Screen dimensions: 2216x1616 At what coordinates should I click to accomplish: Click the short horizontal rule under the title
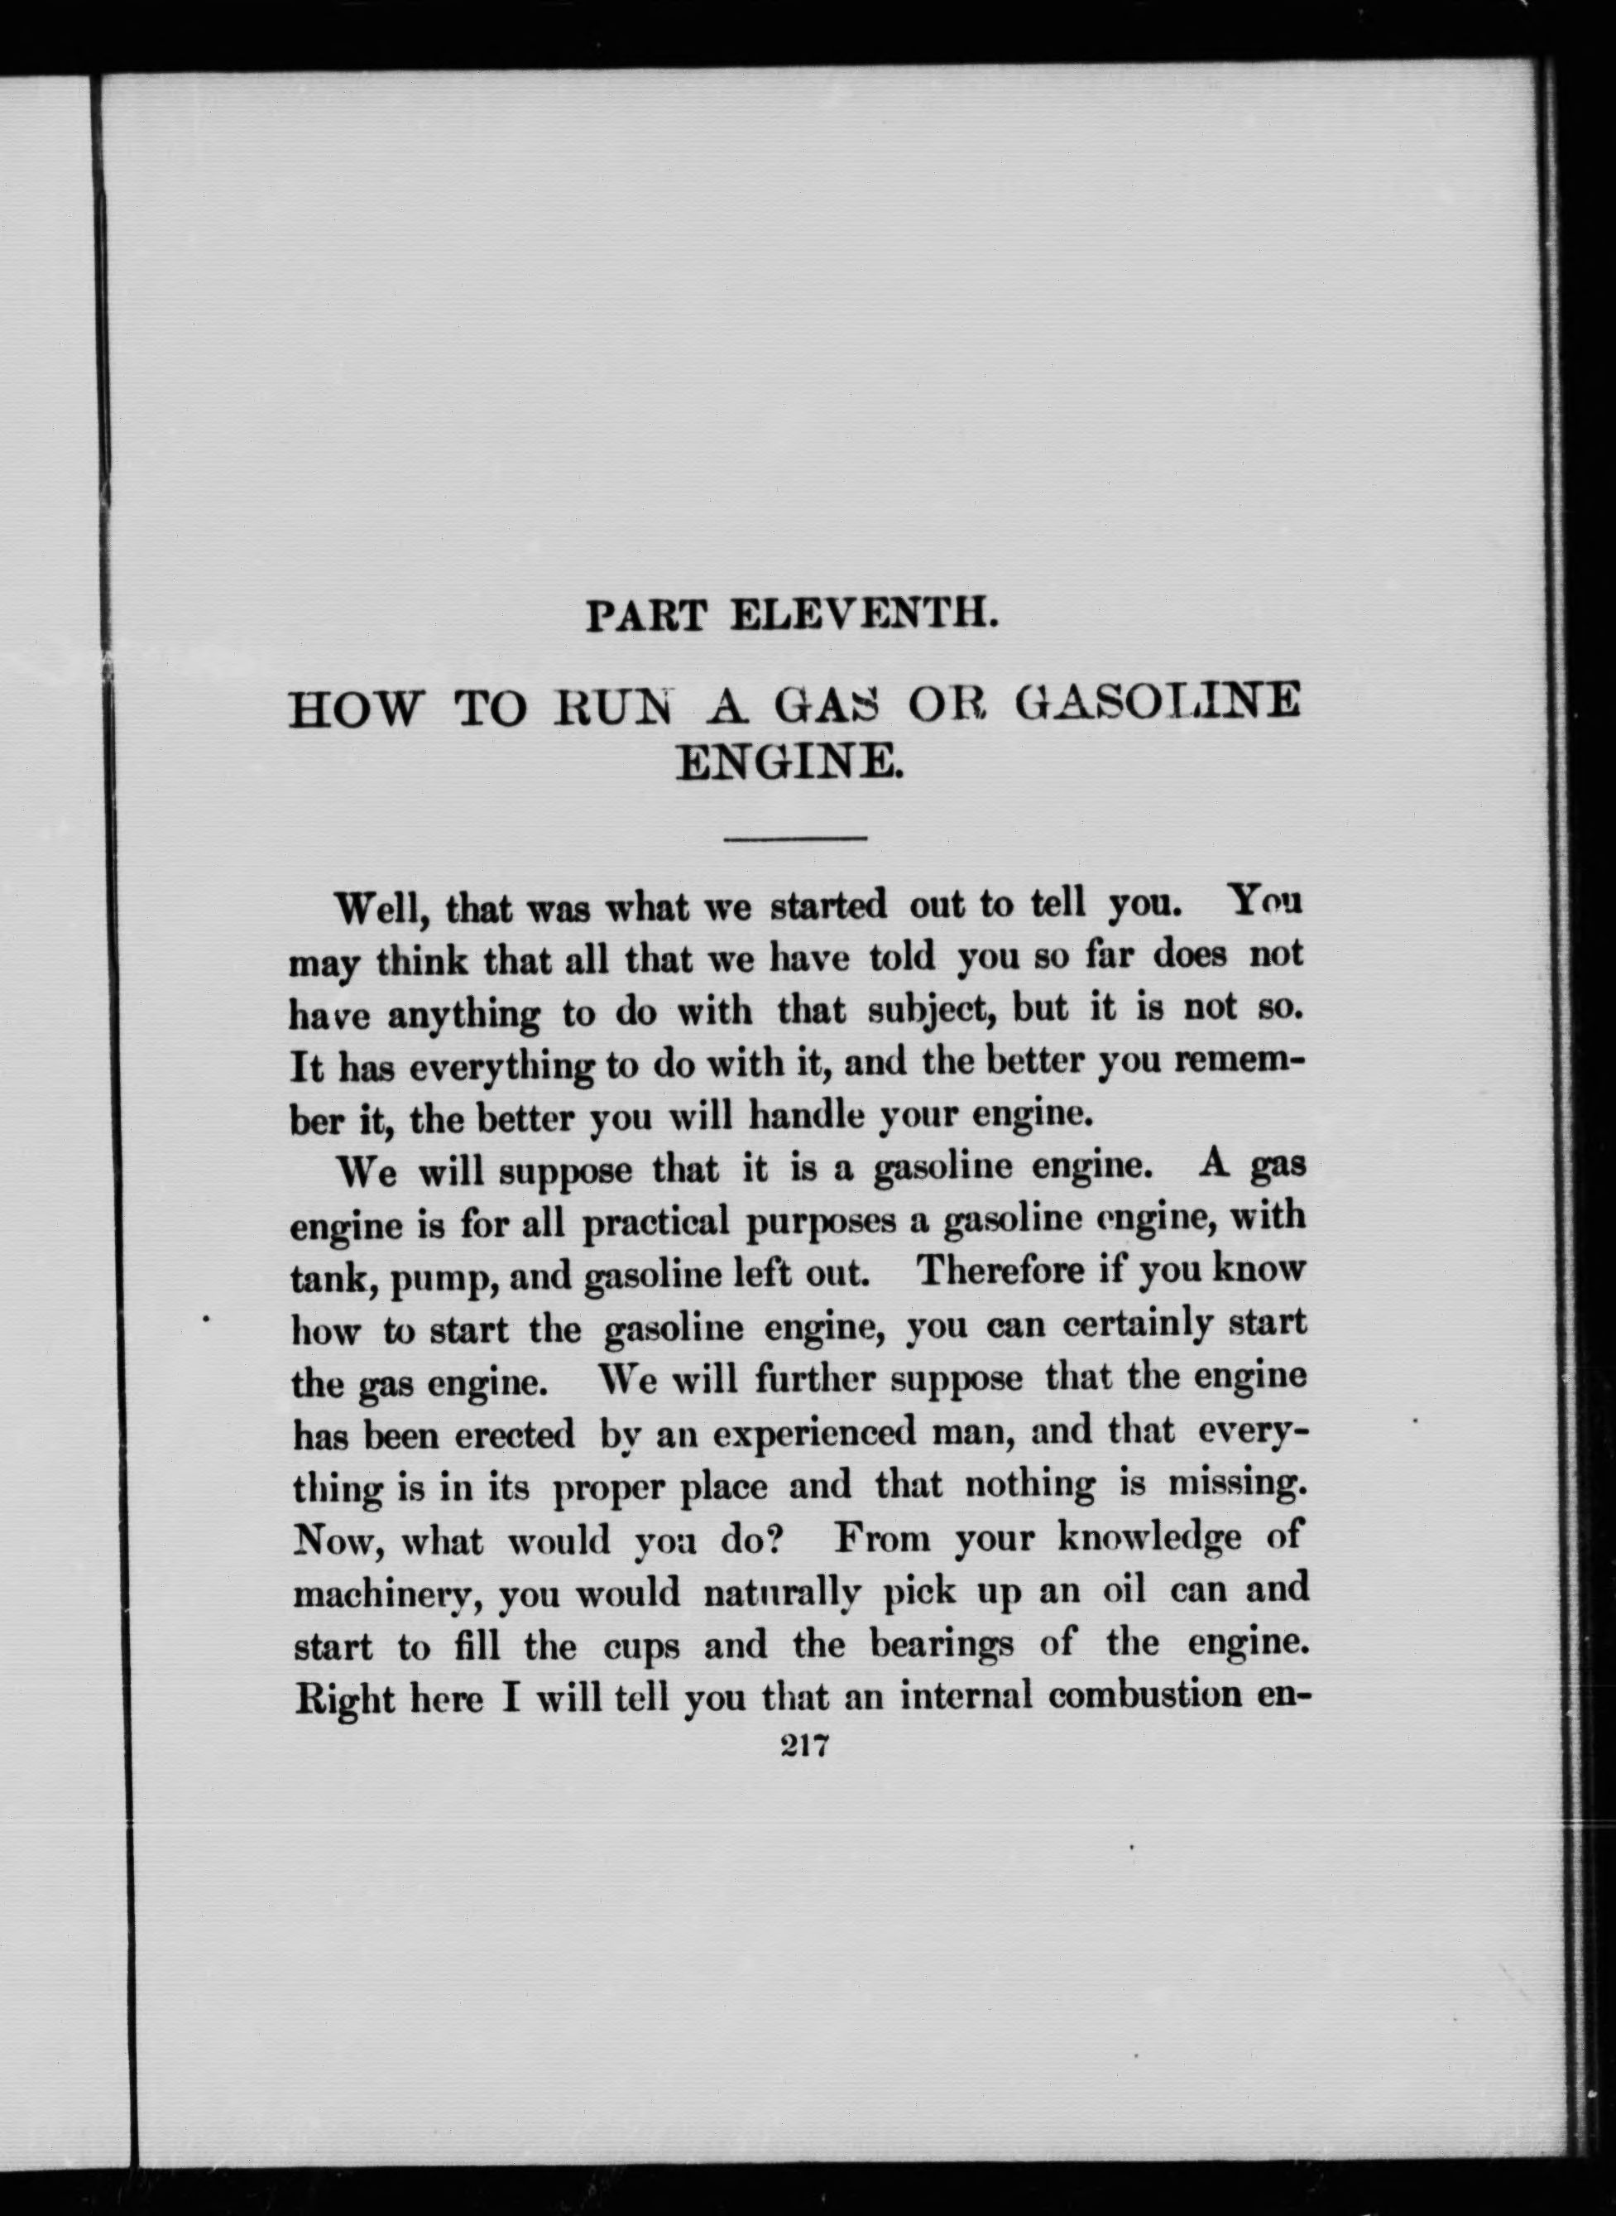click(794, 837)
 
